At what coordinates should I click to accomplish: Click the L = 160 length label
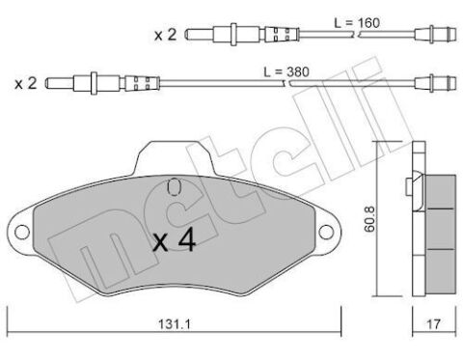click(x=357, y=23)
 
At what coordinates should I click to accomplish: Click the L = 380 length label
click(x=286, y=71)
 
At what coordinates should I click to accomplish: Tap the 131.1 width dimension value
click(x=175, y=324)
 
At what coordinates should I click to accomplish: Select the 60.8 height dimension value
click(x=369, y=219)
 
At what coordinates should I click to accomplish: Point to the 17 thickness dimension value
click(x=433, y=324)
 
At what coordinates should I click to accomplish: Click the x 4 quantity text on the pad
click(x=175, y=239)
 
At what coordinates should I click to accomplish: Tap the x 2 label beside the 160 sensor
click(x=165, y=35)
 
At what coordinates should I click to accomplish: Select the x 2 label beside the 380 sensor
click(x=26, y=84)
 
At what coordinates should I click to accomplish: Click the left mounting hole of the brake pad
click(x=22, y=232)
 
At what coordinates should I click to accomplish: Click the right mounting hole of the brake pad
click(x=326, y=232)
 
